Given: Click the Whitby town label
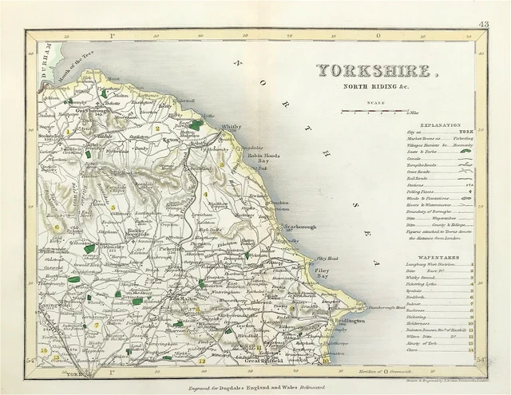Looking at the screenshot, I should pyautogui.click(x=231, y=127).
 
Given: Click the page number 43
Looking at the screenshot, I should pyautogui.click(x=483, y=26).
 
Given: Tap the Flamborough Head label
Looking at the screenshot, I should pyautogui.click(x=369, y=306).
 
